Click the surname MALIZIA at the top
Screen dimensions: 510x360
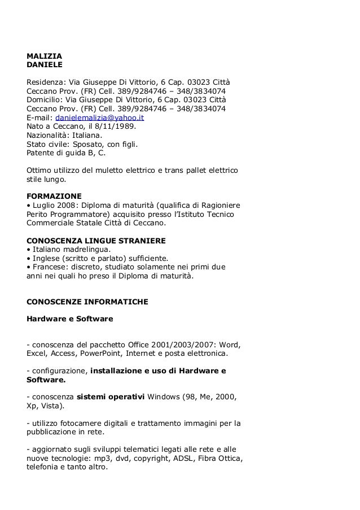45,56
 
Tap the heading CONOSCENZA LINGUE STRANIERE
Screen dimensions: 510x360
96,240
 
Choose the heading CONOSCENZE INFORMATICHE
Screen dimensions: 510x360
87,302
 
